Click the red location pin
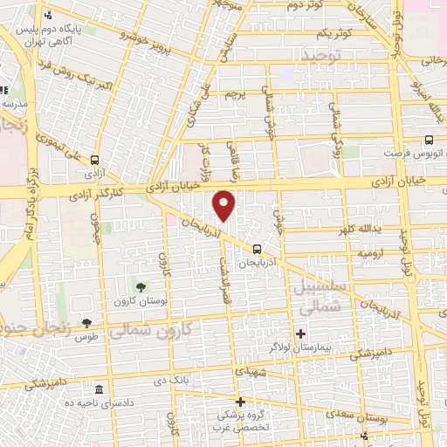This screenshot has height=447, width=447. tap(225, 205)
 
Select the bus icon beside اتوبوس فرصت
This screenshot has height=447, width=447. tap(428, 140)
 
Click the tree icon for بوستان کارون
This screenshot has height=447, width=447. tap(141, 287)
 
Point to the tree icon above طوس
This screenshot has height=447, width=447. tap(86, 324)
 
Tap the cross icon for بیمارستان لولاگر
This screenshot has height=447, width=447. tap(300, 333)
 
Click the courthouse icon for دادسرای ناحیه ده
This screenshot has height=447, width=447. tap(99, 389)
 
